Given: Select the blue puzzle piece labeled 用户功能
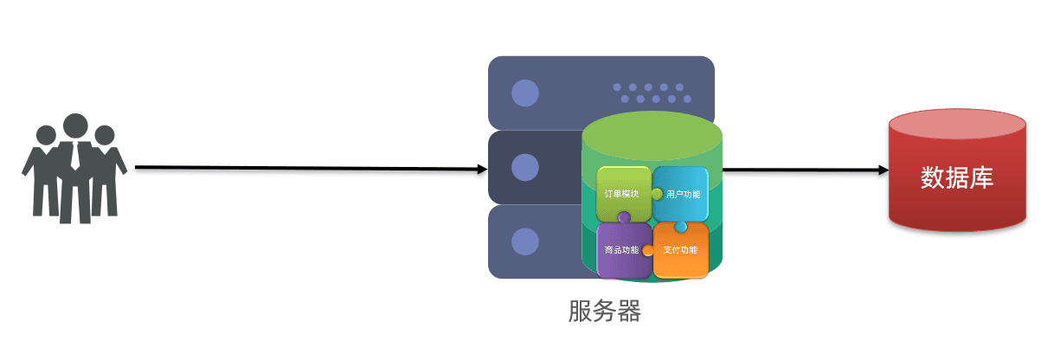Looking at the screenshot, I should (x=681, y=194).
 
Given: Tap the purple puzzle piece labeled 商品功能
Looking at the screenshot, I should (x=621, y=250).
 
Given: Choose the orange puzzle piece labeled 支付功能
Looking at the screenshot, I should (x=680, y=250).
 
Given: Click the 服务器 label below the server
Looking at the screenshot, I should (x=605, y=311).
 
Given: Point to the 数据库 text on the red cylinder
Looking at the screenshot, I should (x=956, y=177).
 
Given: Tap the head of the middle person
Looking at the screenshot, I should (x=75, y=125).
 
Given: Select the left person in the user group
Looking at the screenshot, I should (x=42, y=173).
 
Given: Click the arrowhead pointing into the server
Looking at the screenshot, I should (x=482, y=169).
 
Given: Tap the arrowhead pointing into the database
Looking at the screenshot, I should (x=884, y=170).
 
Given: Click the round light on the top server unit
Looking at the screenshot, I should (x=524, y=93).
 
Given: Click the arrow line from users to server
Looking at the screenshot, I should (x=303, y=168).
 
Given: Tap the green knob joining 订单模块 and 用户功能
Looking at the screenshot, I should (x=657, y=194).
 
